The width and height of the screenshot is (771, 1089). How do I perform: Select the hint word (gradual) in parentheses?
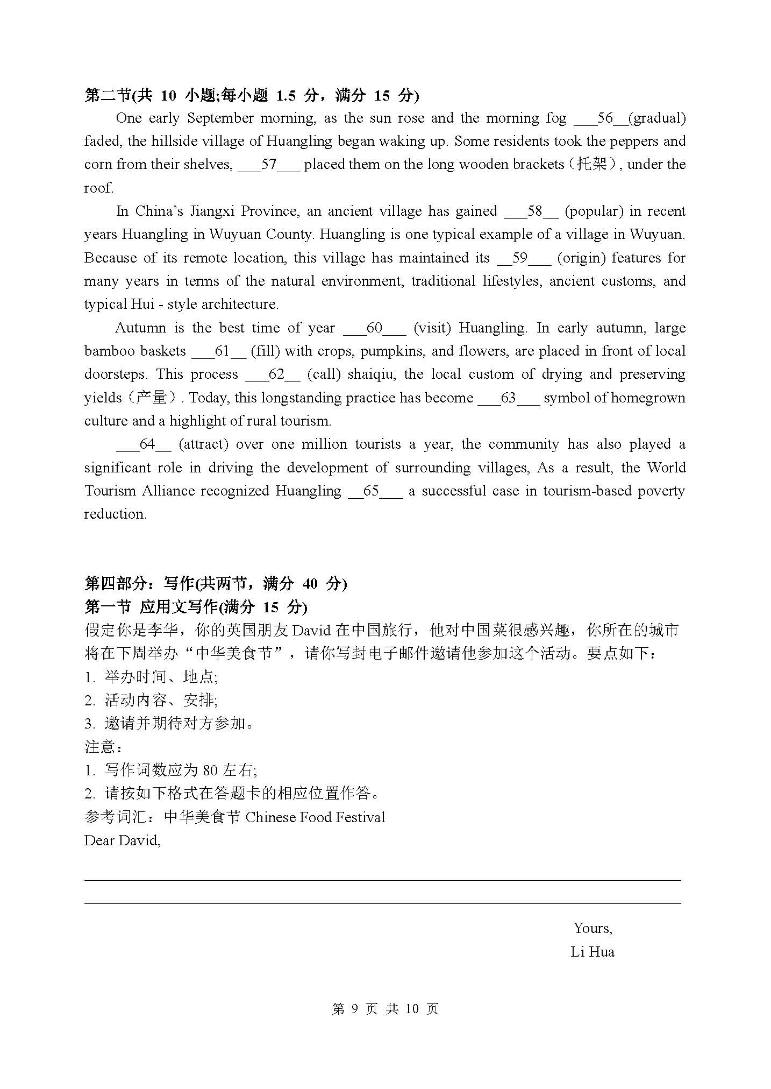point(656,118)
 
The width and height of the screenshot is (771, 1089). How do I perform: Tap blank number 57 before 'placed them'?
point(268,165)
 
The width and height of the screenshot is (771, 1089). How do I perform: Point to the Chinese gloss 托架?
point(591,164)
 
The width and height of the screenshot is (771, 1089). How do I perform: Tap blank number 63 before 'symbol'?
point(508,398)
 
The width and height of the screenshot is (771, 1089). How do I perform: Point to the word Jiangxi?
point(211,211)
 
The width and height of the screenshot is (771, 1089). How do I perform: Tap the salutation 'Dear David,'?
point(123,840)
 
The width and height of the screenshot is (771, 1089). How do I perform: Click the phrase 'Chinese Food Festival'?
point(315,817)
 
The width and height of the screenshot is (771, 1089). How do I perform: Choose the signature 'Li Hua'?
point(592,952)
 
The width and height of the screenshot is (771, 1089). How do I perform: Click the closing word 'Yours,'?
point(592,928)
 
